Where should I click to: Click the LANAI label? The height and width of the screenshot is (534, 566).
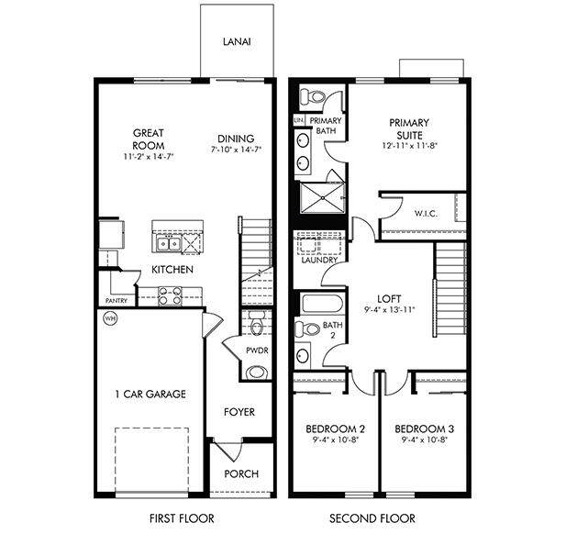[x=237, y=42]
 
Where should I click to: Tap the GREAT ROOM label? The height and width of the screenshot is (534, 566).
[x=148, y=139]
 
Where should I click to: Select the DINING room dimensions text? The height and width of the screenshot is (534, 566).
[x=236, y=149]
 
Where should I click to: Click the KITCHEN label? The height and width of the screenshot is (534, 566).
[x=172, y=270]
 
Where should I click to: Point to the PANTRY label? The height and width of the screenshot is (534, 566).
[x=117, y=300]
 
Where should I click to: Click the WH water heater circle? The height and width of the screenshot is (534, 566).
[x=110, y=319]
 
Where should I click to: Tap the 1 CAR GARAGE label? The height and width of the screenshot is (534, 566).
[x=150, y=395]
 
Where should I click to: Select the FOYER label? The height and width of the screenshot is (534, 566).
[x=239, y=413]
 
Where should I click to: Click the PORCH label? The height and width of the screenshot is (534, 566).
[x=241, y=474]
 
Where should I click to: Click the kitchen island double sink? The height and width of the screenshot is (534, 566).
[x=168, y=243]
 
